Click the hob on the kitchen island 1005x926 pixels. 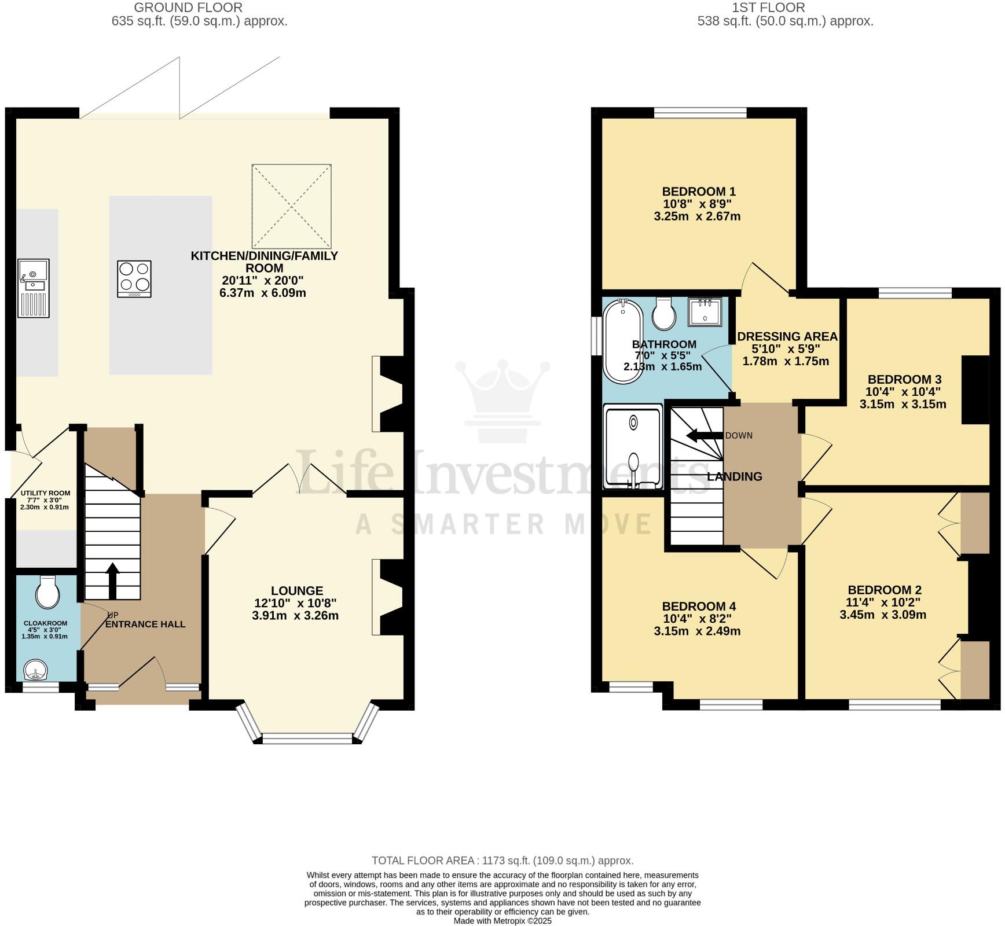pos(134,279)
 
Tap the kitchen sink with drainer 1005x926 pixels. pos(34,288)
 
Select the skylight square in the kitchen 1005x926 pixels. pos(292,206)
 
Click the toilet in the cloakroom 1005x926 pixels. pos(47,591)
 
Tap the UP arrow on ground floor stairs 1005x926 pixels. pos(113,580)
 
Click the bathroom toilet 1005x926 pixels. pos(663,313)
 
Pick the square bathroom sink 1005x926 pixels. pos(705,311)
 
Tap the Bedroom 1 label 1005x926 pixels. pos(699,192)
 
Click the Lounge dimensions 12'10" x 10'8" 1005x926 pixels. pos(295,603)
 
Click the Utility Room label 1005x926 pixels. pos(45,493)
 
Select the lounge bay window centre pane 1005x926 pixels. pos(307,738)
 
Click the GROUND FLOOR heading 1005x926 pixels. pos(188,8)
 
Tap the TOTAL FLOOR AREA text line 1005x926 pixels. pos(502,861)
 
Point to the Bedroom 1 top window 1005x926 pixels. pos(700,113)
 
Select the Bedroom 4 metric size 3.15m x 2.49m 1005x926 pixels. pos(697,631)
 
